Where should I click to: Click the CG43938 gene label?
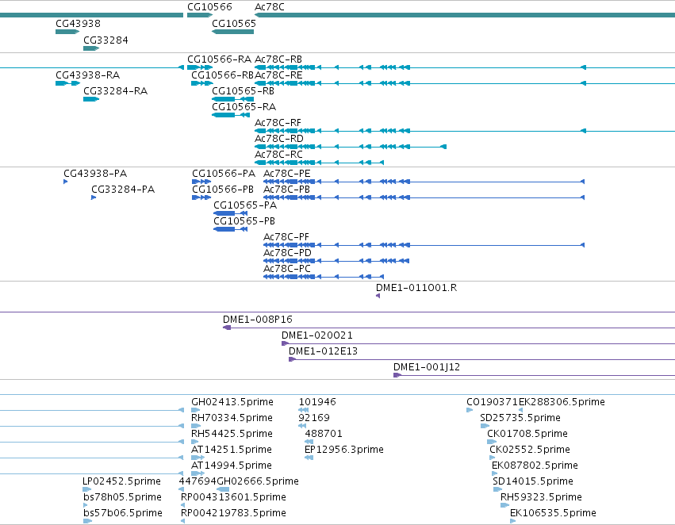(x=78, y=24)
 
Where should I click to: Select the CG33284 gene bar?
(x=91, y=48)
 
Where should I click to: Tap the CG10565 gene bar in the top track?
(x=233, y=32)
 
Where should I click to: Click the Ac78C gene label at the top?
(x=270, y=7)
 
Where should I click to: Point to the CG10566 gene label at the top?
(x=209, y=7)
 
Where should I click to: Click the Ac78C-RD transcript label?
(x=279, y=139)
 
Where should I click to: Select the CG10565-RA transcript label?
(x=244, y=107)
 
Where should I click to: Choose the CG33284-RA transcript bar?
(x=91, y=99)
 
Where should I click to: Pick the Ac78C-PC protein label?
(x=286, y=269)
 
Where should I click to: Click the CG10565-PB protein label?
(x=244, y=221)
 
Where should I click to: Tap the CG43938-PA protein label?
(x=95, y=174)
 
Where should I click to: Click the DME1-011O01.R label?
(x=416, y=287)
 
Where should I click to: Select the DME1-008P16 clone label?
(x=258, y=320)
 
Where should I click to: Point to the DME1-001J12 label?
(x=427, y=367)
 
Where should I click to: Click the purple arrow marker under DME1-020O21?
(x=285, y=343)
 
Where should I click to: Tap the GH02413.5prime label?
(x=232, y=402)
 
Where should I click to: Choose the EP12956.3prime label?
(x=344, y=449)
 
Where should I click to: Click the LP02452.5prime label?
(x=121, y=481)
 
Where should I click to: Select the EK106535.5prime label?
(x=553, y=513)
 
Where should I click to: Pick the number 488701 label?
(x=324, y=433)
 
